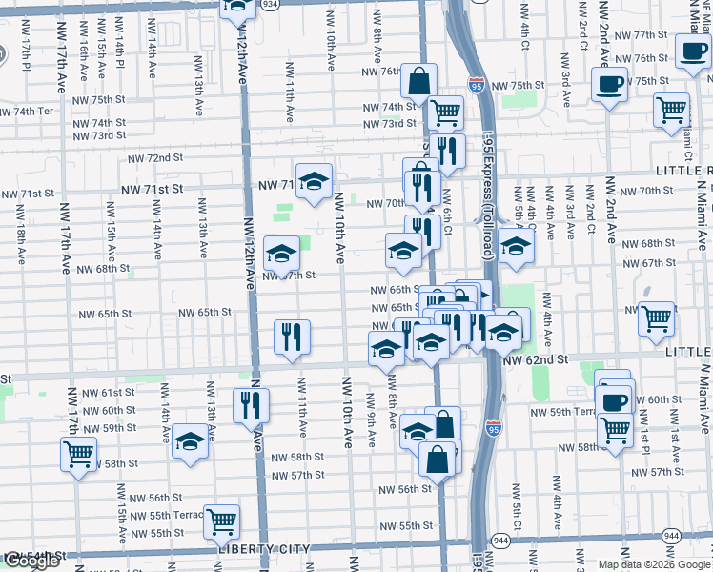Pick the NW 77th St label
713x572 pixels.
(641, 34)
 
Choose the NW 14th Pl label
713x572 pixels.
(122, 60)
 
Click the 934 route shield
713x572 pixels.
(271, 4)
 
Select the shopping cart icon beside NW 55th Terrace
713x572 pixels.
(221, 521)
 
